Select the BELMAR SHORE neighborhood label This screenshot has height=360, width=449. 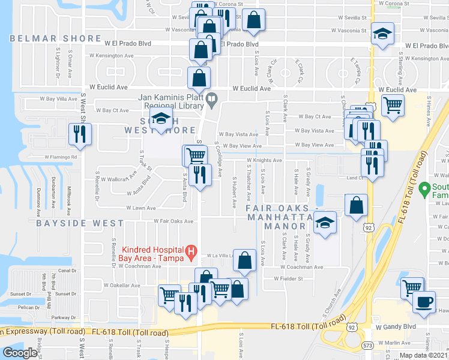[55, 38]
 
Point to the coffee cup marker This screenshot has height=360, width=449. [424, 301]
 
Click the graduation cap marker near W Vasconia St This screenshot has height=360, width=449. [381, 34]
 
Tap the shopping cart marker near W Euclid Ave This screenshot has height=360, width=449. [393, 106]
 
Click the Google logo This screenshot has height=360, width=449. [20, 353]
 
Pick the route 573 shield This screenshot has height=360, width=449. [367, 344]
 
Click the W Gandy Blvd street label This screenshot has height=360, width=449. [396, 327]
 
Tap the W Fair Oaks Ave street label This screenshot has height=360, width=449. [173, 221]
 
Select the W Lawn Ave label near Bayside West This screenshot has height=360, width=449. [140, 208]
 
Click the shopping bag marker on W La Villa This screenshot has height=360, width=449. [244, 260]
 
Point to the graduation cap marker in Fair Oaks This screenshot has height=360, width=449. [325, 224]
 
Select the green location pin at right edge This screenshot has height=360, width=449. [424, 189]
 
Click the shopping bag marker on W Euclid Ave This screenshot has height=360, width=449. [199, 77]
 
